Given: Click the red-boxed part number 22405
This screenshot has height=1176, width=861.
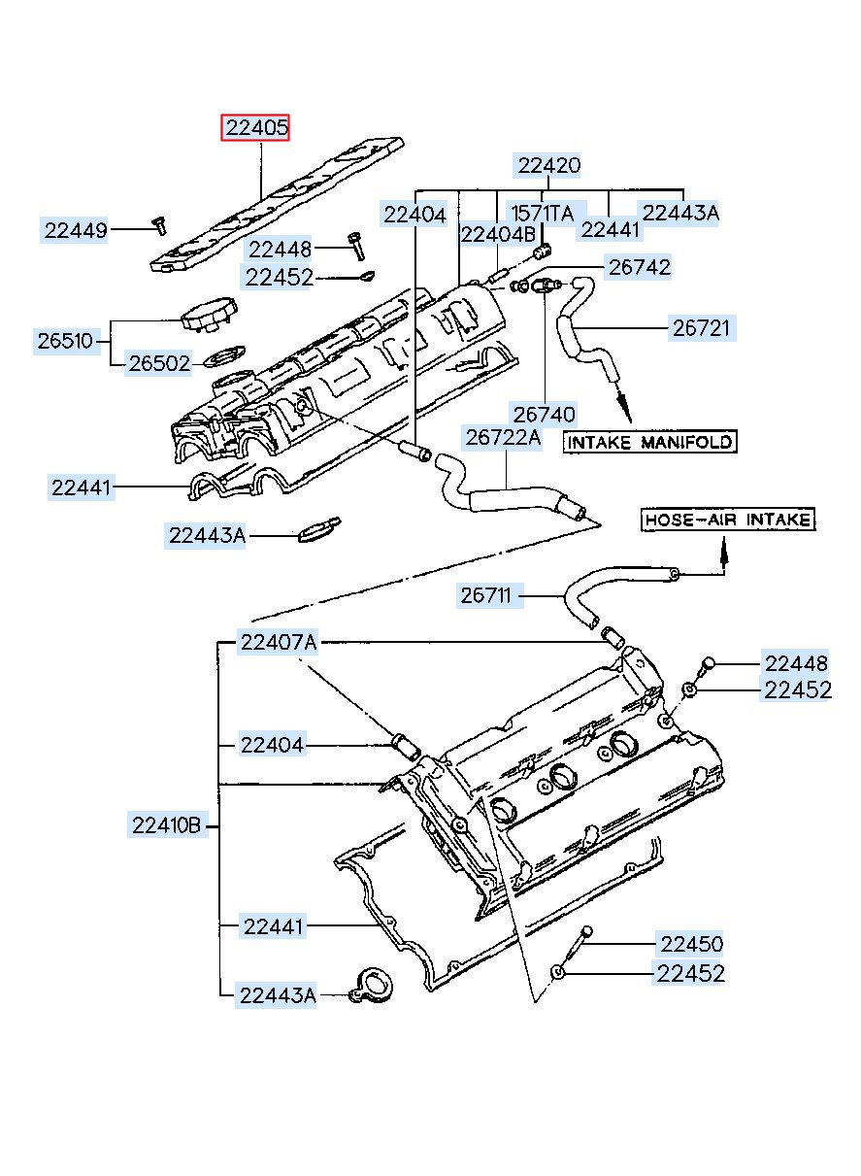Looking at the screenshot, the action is click(x=255, y=127).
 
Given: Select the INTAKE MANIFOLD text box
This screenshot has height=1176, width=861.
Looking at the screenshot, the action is click(x=649, y=442).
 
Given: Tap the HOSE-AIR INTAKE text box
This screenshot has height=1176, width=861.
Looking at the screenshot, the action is click(x=728, y=520).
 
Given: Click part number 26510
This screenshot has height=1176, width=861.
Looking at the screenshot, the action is click(x=66, y=341).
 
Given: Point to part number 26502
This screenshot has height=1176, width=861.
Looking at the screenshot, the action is click(x=159, y=363).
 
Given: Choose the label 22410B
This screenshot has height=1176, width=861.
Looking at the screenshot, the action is click(x=167, y=825).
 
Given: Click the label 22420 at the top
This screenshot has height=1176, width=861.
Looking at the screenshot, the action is click(x=548, y=165).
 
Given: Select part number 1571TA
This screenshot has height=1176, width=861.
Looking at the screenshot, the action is click(x=543, y=214).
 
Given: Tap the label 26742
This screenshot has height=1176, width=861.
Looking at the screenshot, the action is click(x=639, y=267).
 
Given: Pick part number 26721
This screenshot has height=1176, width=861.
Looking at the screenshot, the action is click(x=702, y=328).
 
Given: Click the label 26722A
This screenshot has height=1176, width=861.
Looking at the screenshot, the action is click(x=503, y=437).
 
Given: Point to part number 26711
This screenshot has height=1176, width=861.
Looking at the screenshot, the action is click(x=486, y=595).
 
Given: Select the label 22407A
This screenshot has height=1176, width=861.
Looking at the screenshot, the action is click(x=278, y=642).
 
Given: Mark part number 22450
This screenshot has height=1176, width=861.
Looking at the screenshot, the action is click(x=691, y=944).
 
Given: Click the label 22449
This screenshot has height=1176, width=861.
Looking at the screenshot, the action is click(x=75, y=230).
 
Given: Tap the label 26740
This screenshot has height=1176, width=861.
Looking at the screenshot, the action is click(x=544, y=415).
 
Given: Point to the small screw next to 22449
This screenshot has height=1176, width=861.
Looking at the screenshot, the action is click(x=159, y=225).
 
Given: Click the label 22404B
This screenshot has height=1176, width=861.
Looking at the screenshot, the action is click(x=498, y=235).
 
